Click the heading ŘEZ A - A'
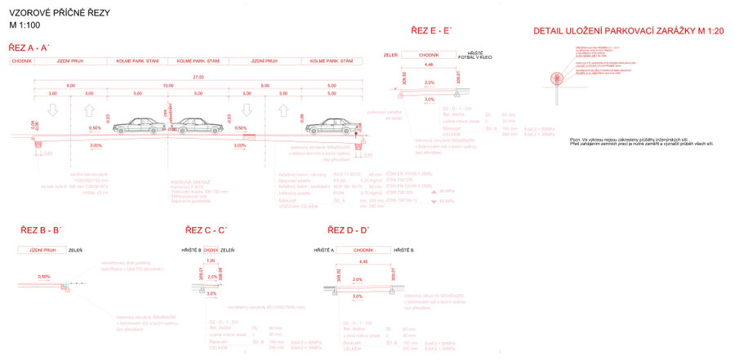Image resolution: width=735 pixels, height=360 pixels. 29,48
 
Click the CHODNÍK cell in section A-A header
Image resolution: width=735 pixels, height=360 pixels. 22,61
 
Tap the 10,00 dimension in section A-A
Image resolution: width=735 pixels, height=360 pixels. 168,85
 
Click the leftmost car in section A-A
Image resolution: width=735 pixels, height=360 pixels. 137,126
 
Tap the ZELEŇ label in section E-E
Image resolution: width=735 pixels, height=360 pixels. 391,55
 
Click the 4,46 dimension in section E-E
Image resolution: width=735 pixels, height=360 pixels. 430,64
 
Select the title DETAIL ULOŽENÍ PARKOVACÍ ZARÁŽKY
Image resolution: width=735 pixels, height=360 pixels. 617,31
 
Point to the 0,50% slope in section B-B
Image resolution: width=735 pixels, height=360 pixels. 44,277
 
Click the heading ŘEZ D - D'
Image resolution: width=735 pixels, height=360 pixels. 348,231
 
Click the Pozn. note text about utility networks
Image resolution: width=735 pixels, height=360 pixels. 640,141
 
